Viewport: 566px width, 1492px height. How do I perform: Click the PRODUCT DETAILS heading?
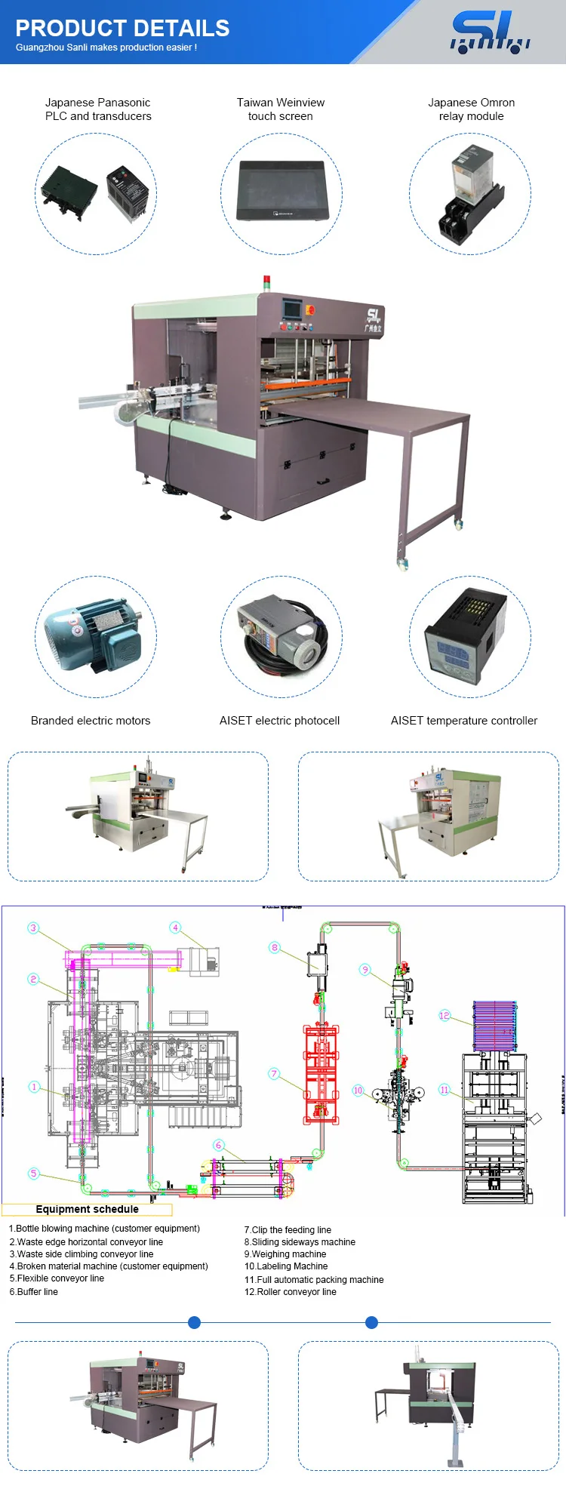pyautogui.click(x=122, y=29)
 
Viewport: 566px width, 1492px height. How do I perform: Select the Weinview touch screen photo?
pyautogui.click(x=281, y=190)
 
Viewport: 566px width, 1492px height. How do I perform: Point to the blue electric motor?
pyautogui.click(x=92, y=635)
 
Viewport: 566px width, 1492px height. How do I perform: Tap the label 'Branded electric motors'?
pyautogui.click(x=91, y=721)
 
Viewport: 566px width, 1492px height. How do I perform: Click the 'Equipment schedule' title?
pyautogui.click(x=87, y=1209)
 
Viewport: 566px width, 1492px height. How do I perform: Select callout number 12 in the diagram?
pyautogui.click(x=444, y=1016)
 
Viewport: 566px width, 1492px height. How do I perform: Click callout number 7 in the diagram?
pyautogui.click(x=274, y=1074)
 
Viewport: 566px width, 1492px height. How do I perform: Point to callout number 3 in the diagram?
pyautogui.click(x=33, y=928)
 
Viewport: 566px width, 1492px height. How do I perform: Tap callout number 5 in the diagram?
pyautogui.click(x=33, y=1174)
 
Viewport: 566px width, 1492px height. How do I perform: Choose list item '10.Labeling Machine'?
pyautogui.click(x=286, y=1266)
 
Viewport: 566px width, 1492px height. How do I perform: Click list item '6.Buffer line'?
pyautogui.click(x=34, y=1292)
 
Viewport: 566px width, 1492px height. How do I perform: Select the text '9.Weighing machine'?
pyautogui.click(x=285, y=1254)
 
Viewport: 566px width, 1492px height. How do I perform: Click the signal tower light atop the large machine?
pyautogui.click(x=266, y=283)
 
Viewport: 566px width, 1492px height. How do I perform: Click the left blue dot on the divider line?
pyautogui.click(x=194, y=1322)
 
